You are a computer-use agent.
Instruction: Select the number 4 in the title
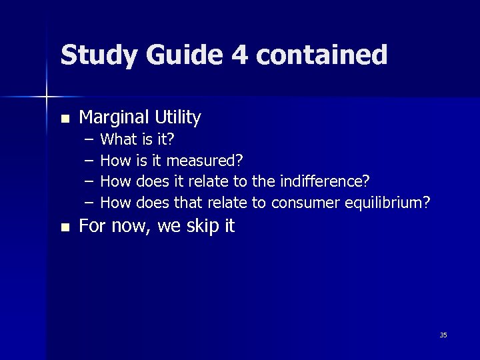pyautogui.click(x=239, y=55)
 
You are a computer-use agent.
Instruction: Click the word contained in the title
pyautogui.click(x=321, y=55)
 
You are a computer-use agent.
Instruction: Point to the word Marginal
pyautogui.click(x=114, y=118)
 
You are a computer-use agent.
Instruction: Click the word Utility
pyautogui.click(x=177, y=118)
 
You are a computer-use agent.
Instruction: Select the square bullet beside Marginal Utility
pyautogui.click(x=64, y=119)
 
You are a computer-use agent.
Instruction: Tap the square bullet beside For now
pyautogui.click(x=64, y=227)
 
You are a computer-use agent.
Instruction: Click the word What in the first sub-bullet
pyautogui.click(x=117, y=140)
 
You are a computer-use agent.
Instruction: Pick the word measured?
pyautogui.click(x=205, y=161)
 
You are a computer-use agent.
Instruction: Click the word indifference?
pyautogui.click(x=325, y=181)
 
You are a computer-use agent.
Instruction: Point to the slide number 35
pyautogui.click(x=443, y=335)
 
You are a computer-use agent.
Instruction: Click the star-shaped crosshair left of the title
pyautogui.click(x=47, y=97)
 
